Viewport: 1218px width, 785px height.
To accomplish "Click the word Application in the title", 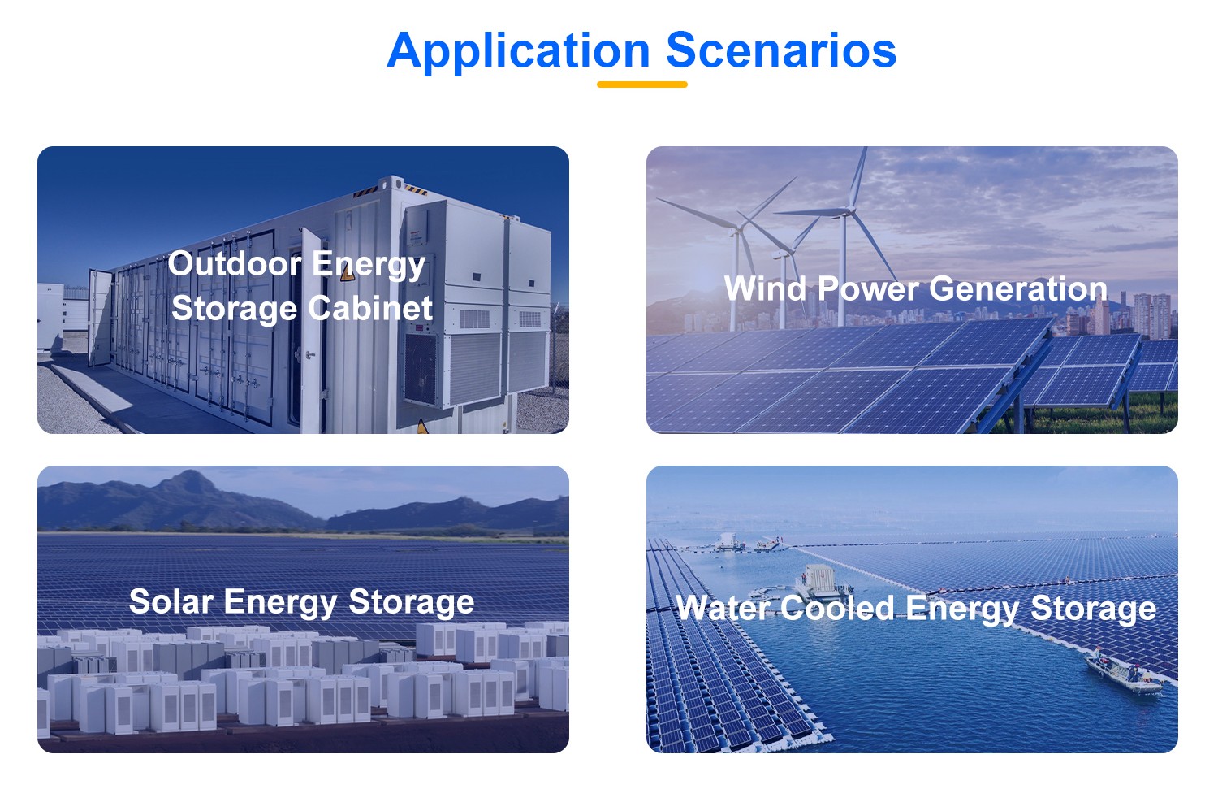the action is (x=518, y=52).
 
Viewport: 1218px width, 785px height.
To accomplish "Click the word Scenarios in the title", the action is (x=781, y=50).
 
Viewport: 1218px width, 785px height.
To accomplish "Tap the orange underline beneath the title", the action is (x=642, y=85).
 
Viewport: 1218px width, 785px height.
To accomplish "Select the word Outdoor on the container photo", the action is (x=235, y=264).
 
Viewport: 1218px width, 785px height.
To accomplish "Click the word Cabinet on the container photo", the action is (x=371, y=308).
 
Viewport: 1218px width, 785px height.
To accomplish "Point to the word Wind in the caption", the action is (x=765, y=288).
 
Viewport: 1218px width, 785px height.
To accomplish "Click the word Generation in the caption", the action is (x=1018, y=288).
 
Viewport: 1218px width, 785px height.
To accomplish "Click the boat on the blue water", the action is (x=1123, y=674).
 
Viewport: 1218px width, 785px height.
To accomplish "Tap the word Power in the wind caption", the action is (x=867, y=288).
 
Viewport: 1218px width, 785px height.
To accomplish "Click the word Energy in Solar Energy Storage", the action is (x=281, y=603).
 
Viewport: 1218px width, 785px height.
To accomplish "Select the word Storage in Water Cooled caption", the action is (x=1093, y=609).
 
